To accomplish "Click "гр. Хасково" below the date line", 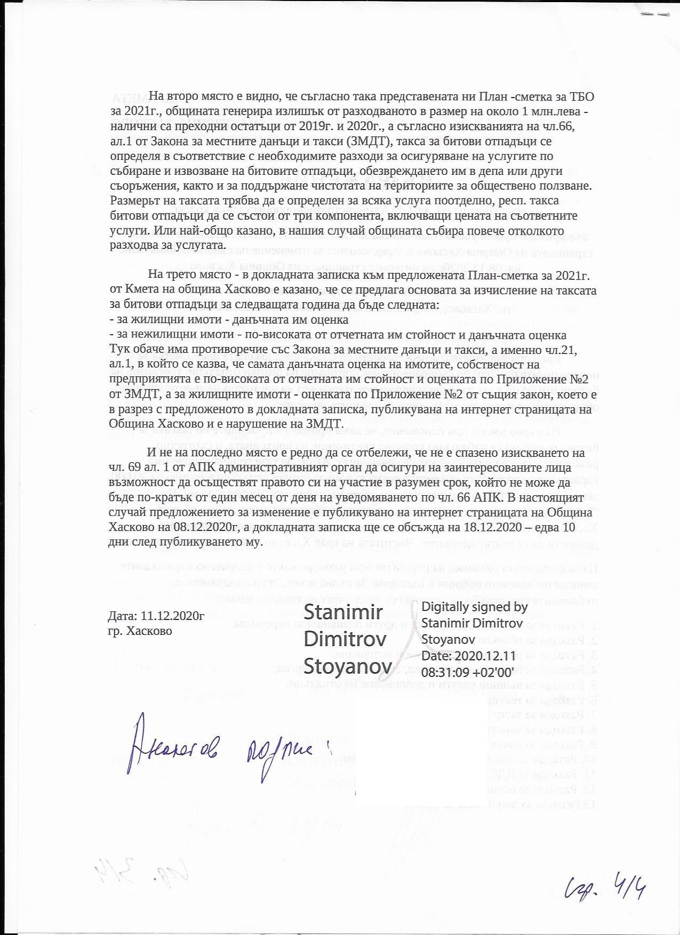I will coord(140,630).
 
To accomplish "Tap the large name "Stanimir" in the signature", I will coord(343,612).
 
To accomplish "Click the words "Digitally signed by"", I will coord(474,607).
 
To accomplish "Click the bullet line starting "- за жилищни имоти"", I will coord(229,320).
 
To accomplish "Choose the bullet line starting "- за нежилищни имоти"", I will coord(337,335).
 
